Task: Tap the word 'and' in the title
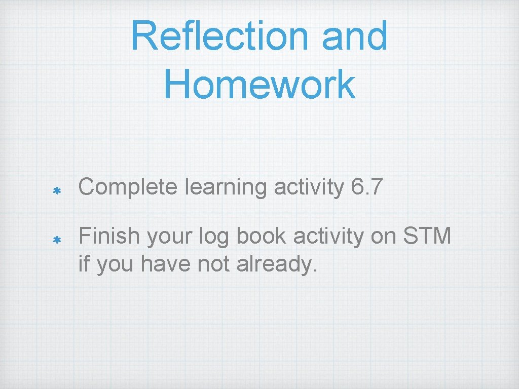tap(355, 36)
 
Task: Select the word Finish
tap(108, 236)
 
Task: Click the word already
tap(277, 264)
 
